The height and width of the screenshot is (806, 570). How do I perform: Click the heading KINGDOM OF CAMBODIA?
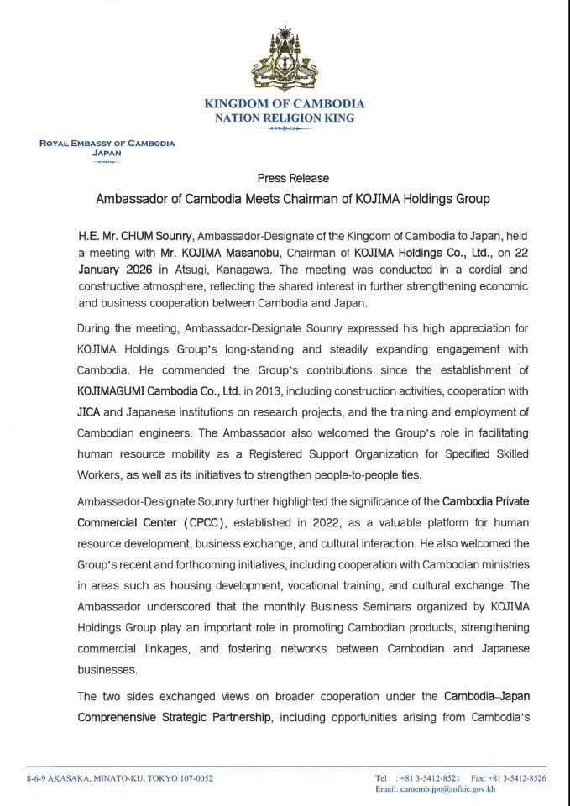pos(285,104)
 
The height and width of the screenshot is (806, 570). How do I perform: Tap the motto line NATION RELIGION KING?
pos(285,118)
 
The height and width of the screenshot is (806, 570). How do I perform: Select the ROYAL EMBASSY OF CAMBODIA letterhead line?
pos(107,144)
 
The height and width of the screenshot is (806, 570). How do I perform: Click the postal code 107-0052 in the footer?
pos(191,778)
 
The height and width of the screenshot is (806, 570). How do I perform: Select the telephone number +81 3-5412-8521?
pos(426,778)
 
